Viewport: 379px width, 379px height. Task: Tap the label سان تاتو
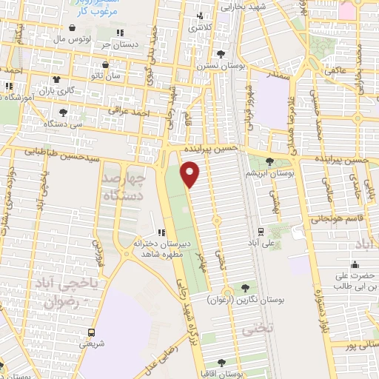click(x=106, y=76)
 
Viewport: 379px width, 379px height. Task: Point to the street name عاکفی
click(x=335, y=70)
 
